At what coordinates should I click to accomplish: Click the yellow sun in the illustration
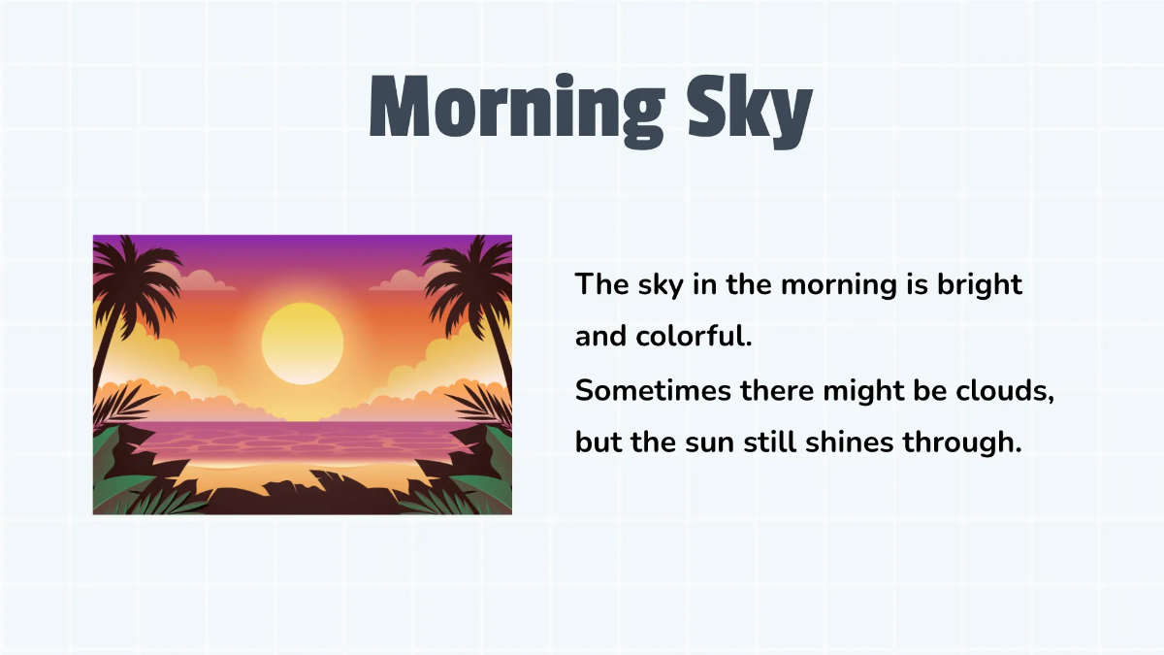[303, 343]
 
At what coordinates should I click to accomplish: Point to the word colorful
[692, 337]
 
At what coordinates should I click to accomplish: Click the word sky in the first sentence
[658, 285]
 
